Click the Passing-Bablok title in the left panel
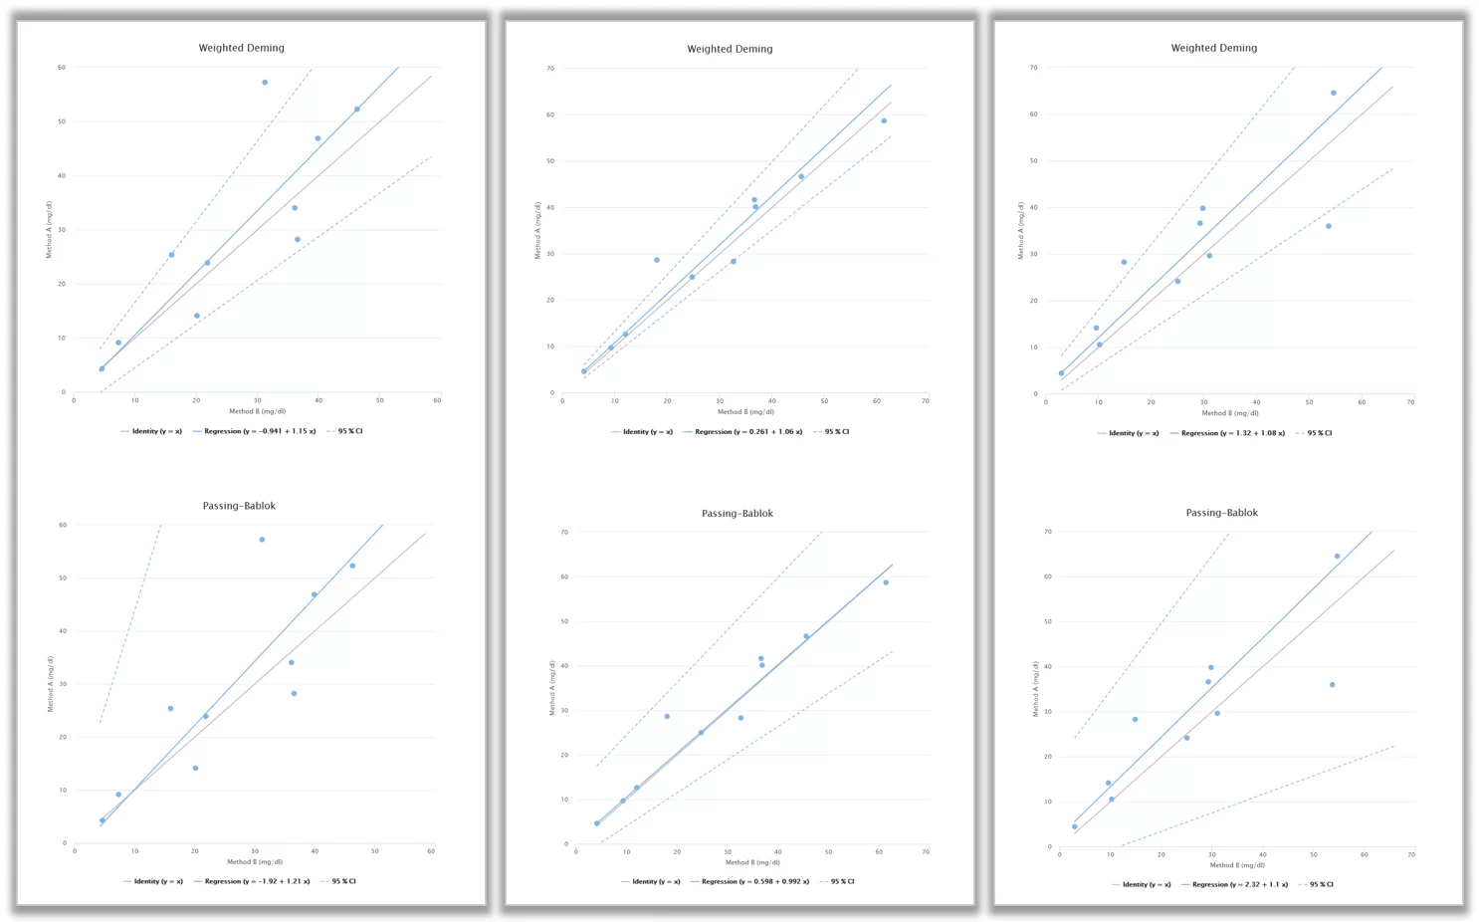click(239, 506)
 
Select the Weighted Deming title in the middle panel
click(730, 49)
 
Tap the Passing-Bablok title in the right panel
click(1221, 513)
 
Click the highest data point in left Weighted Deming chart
click(265, 83)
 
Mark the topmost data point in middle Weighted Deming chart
click(884, 121)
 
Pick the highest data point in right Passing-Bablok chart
click(1337, 557)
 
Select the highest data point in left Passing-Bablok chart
click(262, 540)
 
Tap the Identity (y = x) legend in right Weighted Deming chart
click(1133, 433)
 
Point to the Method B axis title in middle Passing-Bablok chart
click(751, 862)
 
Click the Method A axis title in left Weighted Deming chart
click(48, 229)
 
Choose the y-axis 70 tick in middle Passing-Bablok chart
click(564, 532)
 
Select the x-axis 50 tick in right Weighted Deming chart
click(1309, 402)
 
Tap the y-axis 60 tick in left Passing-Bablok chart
click(63, 525)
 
